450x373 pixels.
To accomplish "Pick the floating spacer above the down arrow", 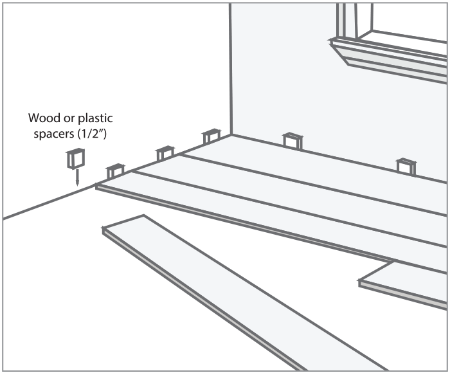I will [75, 158].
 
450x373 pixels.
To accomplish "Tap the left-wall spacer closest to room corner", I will [211, 136].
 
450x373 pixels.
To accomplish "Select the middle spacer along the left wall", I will [165, 153].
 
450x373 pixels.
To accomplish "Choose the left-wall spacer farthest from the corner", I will [115, 170].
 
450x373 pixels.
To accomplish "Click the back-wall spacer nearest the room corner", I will [292, 140].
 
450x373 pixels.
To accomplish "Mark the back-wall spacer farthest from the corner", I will [406, 166].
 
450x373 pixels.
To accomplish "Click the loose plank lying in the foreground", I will [225, 283].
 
